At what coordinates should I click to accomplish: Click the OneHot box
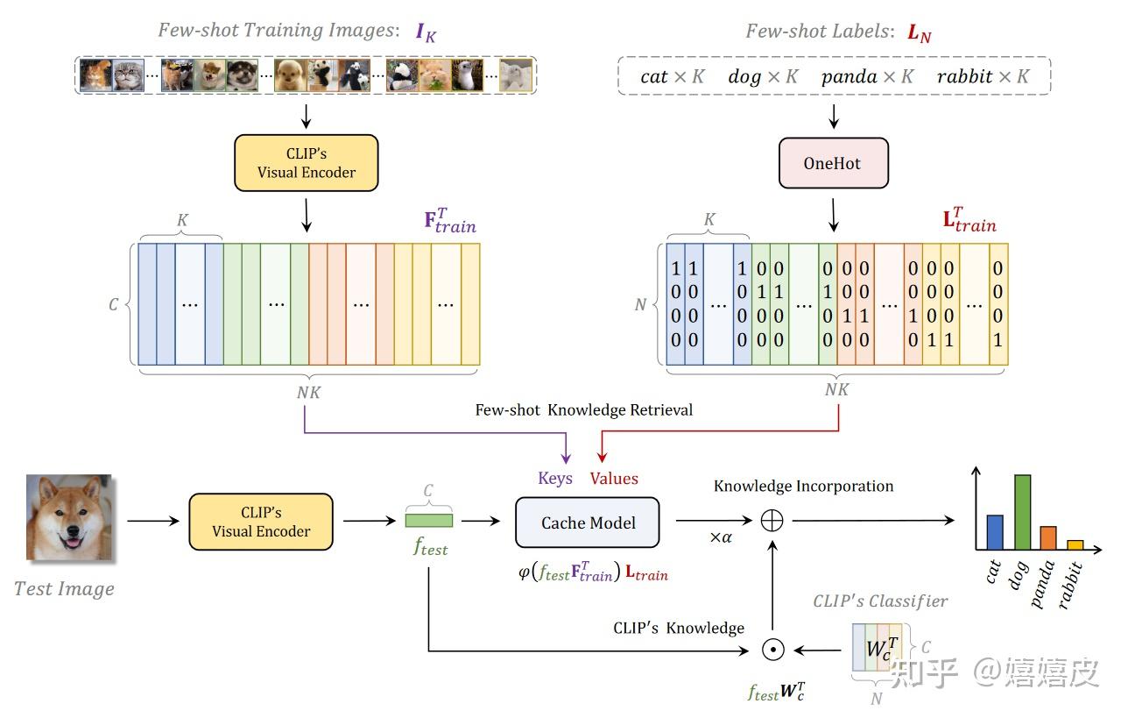tap(833, 163)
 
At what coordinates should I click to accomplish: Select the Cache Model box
tap(588, 523)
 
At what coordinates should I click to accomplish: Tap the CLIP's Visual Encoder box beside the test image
tap(261, 522)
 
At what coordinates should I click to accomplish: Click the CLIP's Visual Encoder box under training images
tap(307, 163)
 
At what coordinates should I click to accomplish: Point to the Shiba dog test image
tap(68, 516)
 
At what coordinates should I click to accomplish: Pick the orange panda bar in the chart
tap(1048, 537)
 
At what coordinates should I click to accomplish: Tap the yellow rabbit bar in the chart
tap(1075, 545)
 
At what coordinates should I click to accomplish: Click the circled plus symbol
tap(772, 521)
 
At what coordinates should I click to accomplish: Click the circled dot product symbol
tap(772, 650)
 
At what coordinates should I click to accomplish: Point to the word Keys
tap(555, 479)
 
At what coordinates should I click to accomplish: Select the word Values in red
tap(614, 479)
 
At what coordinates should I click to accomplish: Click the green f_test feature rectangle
tap(429, 521)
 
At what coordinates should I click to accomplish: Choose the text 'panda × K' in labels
tap(867, 76)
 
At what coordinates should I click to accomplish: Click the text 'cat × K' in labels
tap(672, 76)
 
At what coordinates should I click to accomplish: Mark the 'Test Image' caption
tap(64, 588)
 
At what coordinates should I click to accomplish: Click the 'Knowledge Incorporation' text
tap(803, 486)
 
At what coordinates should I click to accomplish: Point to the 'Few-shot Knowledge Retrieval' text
tap(583, 410)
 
